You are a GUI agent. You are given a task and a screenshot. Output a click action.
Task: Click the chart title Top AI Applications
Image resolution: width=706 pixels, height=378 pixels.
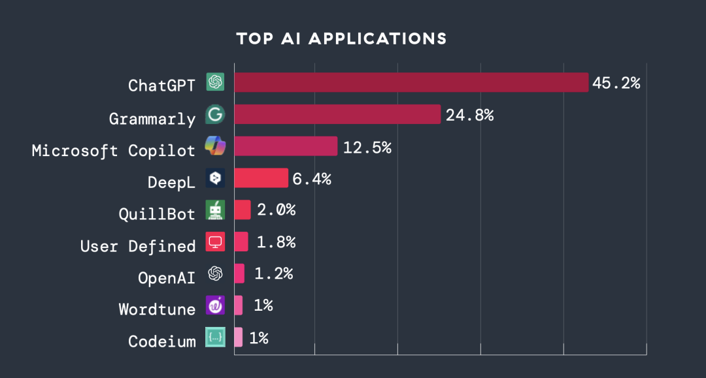(341, 39)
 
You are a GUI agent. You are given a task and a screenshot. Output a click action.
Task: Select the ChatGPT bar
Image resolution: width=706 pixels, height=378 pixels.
(411, 82)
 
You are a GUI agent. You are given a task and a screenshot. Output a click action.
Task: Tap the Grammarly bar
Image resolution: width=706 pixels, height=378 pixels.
(337, 114)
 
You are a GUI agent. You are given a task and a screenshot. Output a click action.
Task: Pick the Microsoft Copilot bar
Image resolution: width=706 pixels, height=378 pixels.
(286, 146)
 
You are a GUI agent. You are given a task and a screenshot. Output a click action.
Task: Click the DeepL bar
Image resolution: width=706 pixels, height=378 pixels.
(261, 178)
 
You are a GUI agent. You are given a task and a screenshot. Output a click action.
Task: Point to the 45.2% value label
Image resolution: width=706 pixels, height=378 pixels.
(616, 83)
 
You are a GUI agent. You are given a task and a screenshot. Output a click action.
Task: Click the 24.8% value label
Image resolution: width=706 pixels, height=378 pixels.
(469, 115)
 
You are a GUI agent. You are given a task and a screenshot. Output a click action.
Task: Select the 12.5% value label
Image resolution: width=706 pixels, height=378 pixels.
(367, 147)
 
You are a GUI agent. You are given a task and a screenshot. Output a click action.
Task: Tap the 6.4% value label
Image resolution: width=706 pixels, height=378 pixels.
(312, 178)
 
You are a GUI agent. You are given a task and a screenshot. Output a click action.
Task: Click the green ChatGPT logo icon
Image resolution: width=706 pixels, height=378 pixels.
(215, 82)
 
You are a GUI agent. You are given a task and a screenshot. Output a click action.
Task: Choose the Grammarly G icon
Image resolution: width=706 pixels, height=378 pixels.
(215, 114)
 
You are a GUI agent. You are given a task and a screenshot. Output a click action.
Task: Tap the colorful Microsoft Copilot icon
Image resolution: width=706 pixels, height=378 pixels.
(215, 146)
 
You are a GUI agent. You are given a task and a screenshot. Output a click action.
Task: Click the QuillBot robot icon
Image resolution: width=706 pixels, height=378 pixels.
(215, 210)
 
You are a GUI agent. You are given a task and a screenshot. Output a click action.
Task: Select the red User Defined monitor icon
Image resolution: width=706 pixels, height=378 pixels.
(215, 242)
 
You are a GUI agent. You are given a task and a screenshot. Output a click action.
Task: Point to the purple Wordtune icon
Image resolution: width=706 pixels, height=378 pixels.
(215, 305)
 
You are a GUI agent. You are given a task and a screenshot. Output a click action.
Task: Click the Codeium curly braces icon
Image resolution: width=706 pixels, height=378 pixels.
(215, 337)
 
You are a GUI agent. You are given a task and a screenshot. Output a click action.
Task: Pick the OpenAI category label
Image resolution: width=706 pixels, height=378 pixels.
(167, 277)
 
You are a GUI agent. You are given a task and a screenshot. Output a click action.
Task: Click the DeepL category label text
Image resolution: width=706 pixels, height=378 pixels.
(171, 182)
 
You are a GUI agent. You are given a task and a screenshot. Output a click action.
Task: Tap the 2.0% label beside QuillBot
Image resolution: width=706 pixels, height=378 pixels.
(276, 210)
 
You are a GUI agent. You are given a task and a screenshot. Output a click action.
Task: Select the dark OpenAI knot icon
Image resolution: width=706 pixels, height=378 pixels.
(215, 274)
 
